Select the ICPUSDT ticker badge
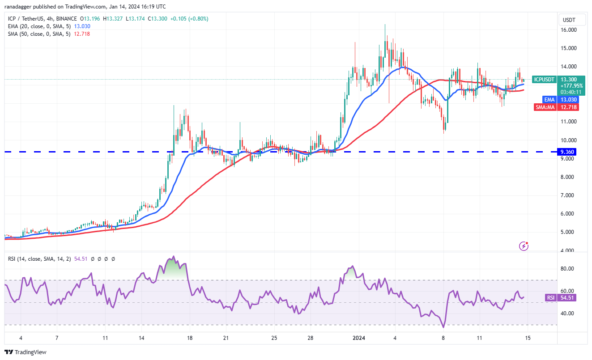(x=544, y=80)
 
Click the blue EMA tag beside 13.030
(x=548, y=99)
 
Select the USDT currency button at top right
(x=569, y=20)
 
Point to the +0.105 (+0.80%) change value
(x=192, y=19)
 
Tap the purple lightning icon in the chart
(x=524, y=246)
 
